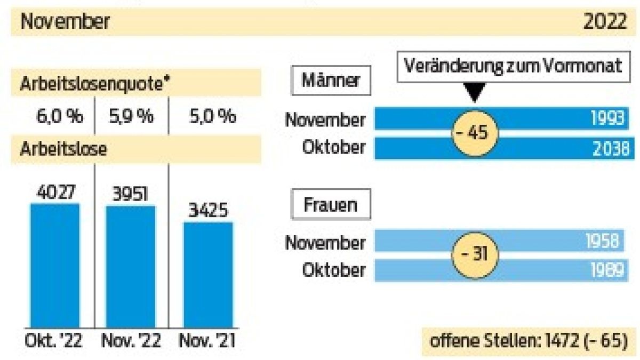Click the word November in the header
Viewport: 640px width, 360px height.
coord(65,22)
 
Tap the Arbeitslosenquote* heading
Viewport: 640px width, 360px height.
coord(91,85)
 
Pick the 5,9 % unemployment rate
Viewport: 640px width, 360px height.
coord(131,116)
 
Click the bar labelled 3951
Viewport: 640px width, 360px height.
coord(131,267)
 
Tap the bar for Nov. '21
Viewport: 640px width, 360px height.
coord(209,275)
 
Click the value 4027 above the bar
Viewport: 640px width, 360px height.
coord(54,192)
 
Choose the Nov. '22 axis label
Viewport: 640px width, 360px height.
coord(131,341)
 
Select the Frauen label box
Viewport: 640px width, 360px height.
coord(331,205)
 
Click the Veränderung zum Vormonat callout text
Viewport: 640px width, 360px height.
coord(513,66)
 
